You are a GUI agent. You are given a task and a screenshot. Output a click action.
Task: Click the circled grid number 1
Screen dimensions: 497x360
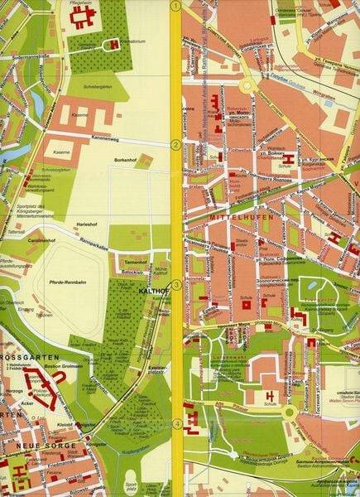[175, 5]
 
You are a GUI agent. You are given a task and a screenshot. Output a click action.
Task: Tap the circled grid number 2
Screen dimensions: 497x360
[175, 145]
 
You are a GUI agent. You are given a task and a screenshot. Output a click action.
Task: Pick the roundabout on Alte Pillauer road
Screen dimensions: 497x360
[287, 412]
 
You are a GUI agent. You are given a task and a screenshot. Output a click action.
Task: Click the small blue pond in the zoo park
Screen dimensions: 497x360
[310, 283]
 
